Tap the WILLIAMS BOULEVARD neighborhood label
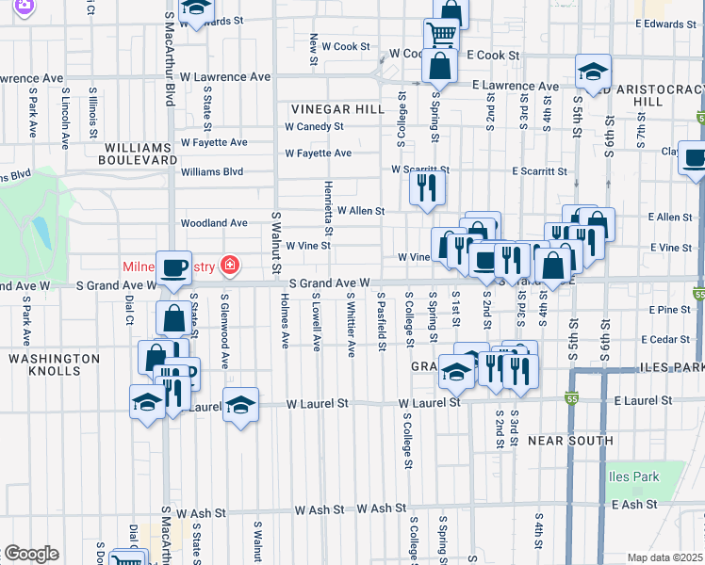pyautogui.click(x=140, y=154)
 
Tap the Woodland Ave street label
pyautogui.click(x=214, y=223)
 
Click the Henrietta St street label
pyautogui.click(x=329, y=208)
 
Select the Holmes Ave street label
pyautogui.click(x=284, y=320)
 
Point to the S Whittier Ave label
pyautogui.click(x=350, y=324)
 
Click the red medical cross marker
pyautogui.click(x=228, y=266)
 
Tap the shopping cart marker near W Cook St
pyautogui.click(x=440, y=35)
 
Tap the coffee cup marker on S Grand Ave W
pyautogui.click(x=173, y=266)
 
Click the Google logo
pyautogui.click(x=31, y=554)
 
